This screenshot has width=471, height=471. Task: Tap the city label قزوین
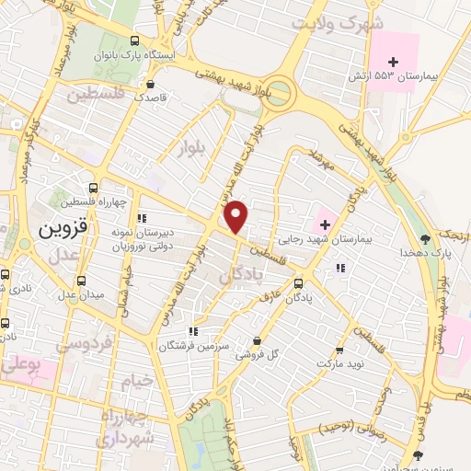pyautogui.click(x=61, y=229)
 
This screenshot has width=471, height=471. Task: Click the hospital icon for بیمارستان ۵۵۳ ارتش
pyautogui.click(x=393, y=61)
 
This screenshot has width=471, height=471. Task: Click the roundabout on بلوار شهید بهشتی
pyautogui.click(x=278, y=92)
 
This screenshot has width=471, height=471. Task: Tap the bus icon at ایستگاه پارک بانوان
pyautogui.click(x=135, y=41)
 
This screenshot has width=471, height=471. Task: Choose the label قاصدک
pyautogui.click(x=153, y=96)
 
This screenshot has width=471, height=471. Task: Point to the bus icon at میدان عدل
pyautogui.click(x=82, y=281)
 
